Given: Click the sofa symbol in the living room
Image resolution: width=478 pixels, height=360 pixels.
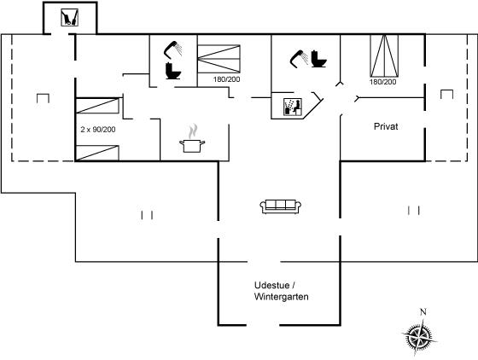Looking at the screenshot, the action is (x=281, y=206).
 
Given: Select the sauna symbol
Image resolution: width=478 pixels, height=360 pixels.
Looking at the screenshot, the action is (x=293, y=107).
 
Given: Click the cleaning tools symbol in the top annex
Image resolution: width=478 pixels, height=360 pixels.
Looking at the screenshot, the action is (x=69, y=17).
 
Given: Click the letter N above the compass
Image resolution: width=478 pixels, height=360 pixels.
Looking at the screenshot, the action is (x=423, y=312).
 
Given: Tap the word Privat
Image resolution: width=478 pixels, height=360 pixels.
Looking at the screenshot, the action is (x=386, y=126).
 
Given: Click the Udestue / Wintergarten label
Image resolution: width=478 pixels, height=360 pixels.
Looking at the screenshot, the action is (x=281, y=291).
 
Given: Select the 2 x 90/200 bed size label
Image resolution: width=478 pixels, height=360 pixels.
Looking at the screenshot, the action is (x=98, y=130).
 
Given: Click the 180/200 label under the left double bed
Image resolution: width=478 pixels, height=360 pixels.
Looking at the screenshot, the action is (x=226, y=79).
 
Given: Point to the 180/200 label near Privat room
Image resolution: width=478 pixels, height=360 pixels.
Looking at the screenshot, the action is (x=383, y=82).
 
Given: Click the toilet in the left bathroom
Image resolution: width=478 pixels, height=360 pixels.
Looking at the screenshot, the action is (x=173, y=71).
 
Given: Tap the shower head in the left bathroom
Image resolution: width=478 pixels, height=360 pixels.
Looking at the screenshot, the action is (x=172, y=49).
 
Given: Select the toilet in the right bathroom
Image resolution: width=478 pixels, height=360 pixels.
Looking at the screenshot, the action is (x=319, y=59).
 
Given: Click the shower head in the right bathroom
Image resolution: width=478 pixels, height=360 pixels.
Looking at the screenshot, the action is (x=299, y=59).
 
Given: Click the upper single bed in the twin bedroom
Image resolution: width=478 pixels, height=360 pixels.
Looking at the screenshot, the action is (x=97, y=106).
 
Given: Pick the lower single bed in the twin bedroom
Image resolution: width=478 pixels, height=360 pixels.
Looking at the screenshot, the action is (x=97, y=153).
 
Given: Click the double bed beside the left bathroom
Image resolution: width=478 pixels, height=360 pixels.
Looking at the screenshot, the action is (x=219, y=59).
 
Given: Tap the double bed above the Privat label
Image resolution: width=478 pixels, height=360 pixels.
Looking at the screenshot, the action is (x=384, y=55).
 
